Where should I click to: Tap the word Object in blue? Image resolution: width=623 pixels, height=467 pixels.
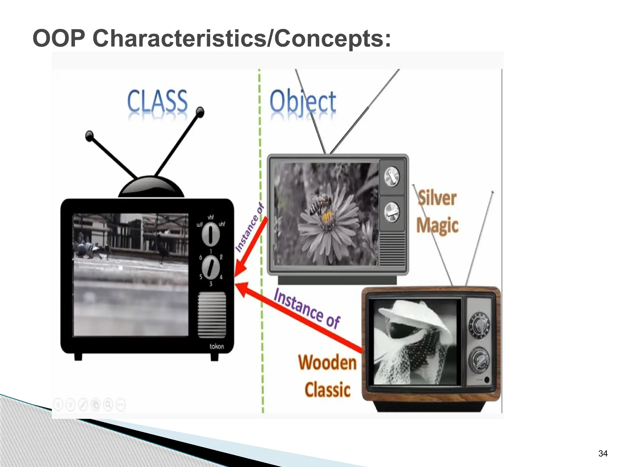303,102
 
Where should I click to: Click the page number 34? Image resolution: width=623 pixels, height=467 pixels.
603,453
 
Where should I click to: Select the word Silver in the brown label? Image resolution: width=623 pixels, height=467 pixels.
437,198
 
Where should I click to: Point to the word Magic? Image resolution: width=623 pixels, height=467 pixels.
437,225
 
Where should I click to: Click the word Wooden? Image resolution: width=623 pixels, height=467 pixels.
327,363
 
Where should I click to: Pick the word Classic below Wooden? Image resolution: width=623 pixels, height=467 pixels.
327,390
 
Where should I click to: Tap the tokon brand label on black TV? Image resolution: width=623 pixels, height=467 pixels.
217,346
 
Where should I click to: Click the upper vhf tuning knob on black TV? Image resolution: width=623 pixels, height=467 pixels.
211,234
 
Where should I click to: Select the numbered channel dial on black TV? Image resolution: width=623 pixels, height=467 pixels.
211,267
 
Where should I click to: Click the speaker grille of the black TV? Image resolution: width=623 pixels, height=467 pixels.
212,315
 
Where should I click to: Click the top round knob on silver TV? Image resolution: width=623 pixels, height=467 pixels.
392,176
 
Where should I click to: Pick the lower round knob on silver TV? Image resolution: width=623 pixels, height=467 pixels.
392,212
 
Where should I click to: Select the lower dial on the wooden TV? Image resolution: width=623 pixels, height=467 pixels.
479,361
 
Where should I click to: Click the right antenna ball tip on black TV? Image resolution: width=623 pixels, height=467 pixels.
200,112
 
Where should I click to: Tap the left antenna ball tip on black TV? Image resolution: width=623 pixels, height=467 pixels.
89,136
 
